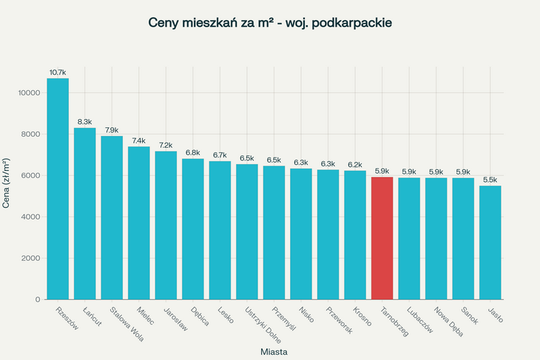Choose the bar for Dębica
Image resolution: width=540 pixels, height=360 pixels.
click(x=192, y=229)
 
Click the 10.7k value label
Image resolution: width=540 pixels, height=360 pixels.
click(x=58, y=72)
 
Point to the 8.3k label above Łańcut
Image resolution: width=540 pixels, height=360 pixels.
click(x=84, y=122)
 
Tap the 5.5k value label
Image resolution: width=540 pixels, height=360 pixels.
click(x=490, y=180)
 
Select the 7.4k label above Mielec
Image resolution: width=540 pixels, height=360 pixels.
click(x=138, y=140)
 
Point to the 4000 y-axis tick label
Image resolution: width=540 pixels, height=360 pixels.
click(x=32, y=217)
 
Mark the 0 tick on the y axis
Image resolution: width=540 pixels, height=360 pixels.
click(x=38, y=299)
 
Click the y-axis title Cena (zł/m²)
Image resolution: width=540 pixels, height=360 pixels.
click(x=7, y=183)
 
